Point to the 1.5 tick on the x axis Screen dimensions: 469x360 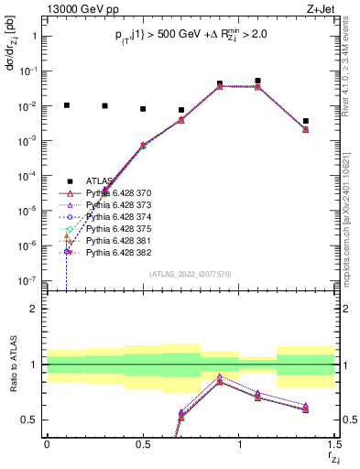(335, 445)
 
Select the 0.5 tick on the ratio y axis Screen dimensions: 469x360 (33, 420)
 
